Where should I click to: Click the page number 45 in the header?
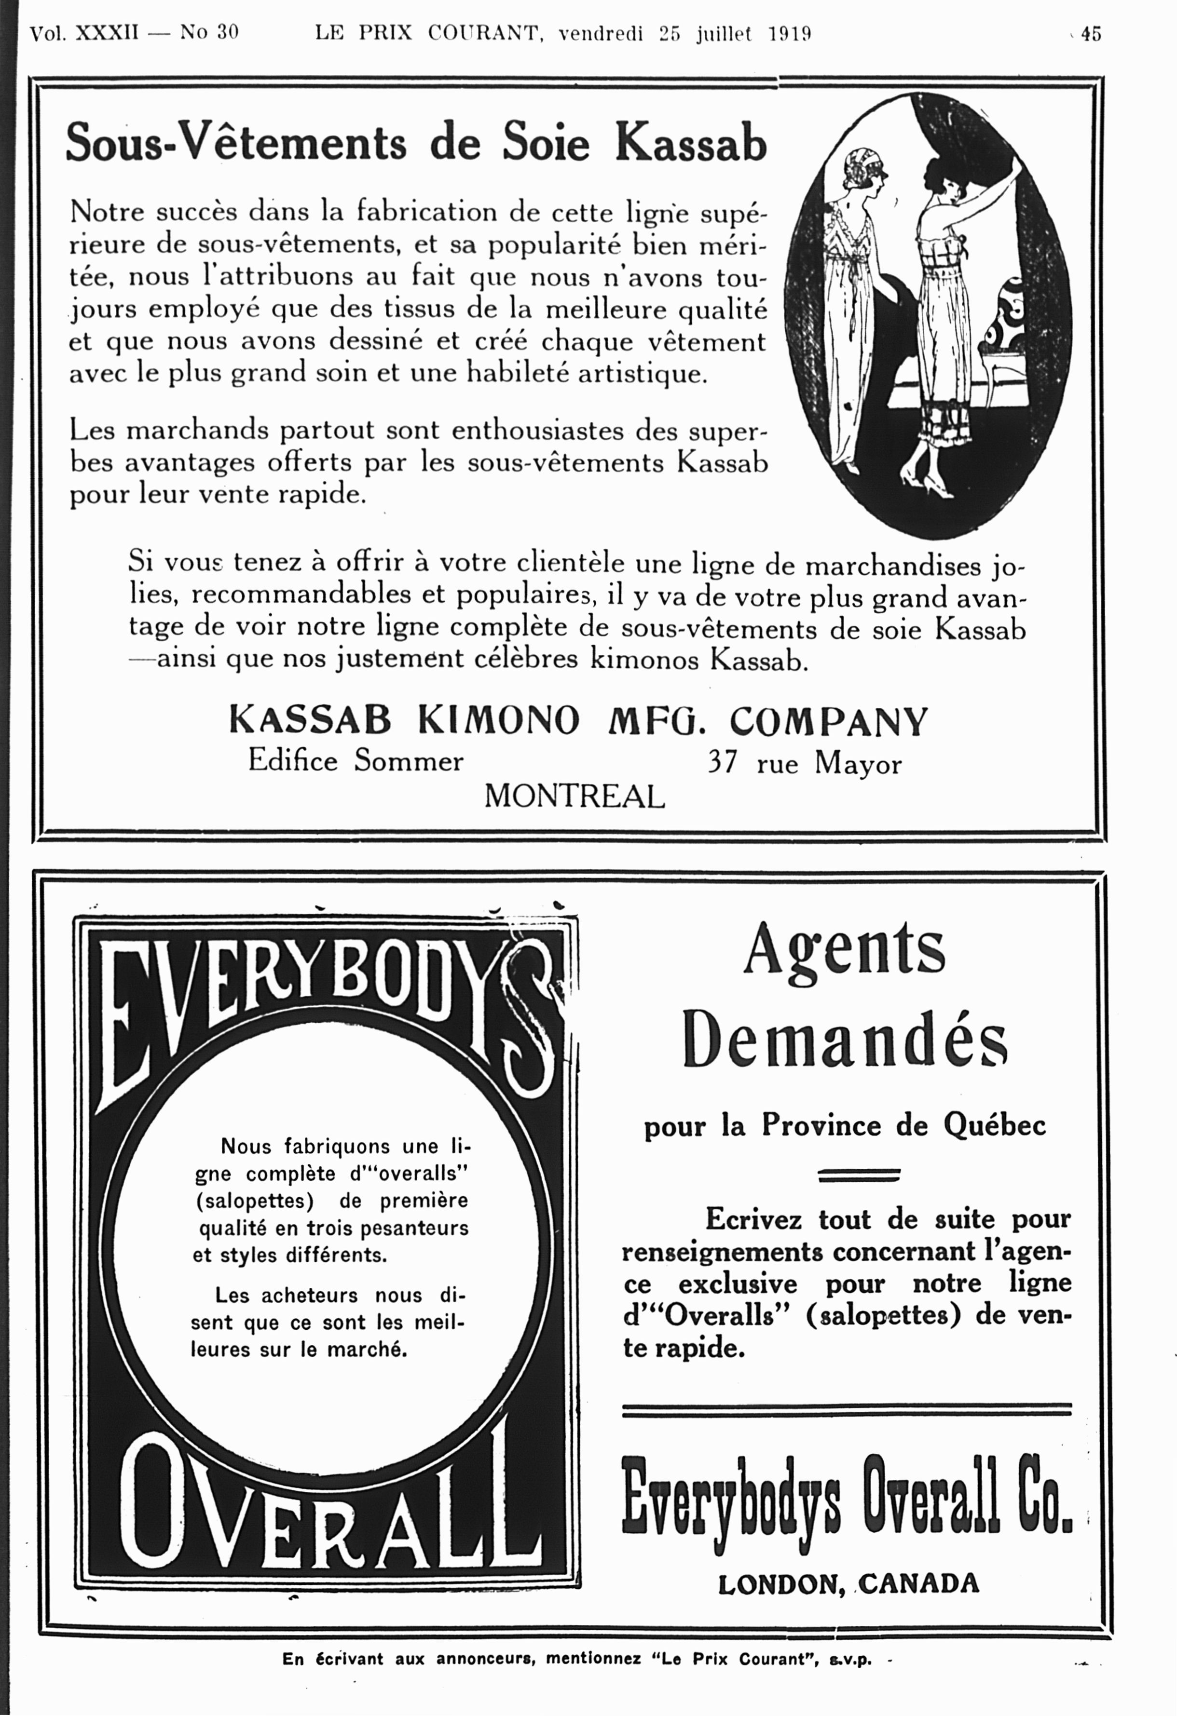tap(1091, 34)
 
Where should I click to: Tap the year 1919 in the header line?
tap(790, 34)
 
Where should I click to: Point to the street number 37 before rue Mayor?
tap(722, 762)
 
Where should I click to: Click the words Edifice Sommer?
tap(356, 760)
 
